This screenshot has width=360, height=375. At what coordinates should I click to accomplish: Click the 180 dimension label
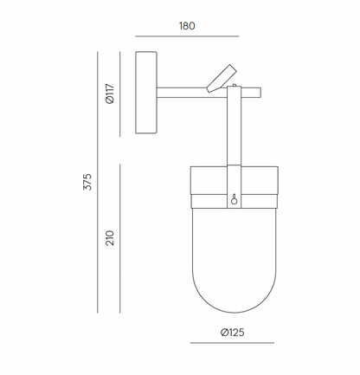[187, 26]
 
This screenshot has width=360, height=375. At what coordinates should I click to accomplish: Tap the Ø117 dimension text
[110, 94]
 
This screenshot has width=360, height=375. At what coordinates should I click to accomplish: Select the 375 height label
[87, 182]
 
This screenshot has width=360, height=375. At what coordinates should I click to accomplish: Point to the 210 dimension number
[110, 238]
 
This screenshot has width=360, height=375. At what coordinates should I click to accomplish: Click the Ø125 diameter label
[233, 333]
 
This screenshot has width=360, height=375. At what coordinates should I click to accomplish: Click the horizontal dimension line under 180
[187, 36]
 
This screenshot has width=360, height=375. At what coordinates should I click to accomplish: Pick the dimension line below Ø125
[232, 343]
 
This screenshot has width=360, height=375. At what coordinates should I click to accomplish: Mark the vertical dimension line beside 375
[98, 182]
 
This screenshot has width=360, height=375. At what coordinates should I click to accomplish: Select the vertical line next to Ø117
[120, 94]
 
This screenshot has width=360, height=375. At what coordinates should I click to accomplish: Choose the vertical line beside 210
[120, 238]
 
